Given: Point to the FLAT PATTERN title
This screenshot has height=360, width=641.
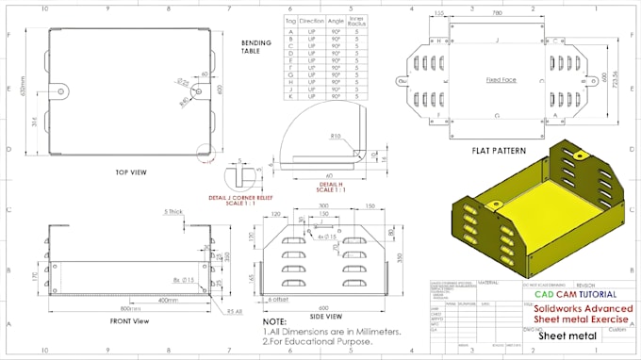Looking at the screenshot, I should [x=500, y=149].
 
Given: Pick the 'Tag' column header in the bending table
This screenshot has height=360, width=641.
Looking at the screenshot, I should [x=290, y=20].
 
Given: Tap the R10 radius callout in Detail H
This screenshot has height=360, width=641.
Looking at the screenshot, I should [x=335, y=137].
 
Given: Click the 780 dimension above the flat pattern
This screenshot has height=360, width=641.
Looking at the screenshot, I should [x=496, y=14].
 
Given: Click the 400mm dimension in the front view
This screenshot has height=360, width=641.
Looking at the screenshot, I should [x=170, y=301].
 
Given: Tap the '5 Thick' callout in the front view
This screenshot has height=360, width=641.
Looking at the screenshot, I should [x=173, y=212].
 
